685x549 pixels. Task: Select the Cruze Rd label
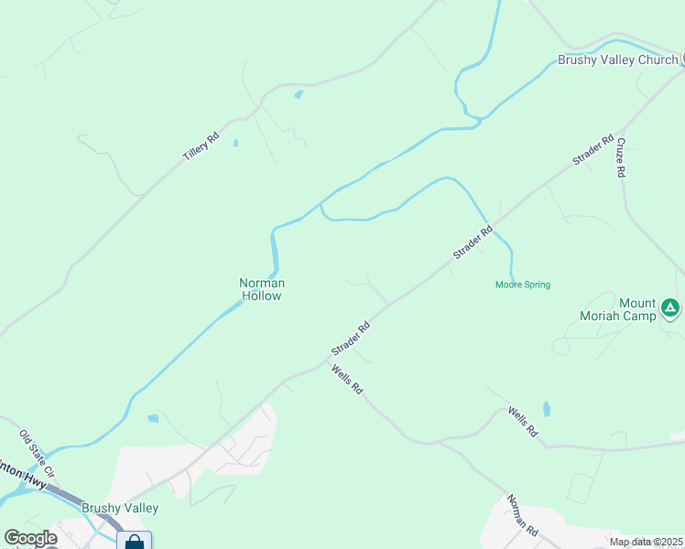tap(621, 157)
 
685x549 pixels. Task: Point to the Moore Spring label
tap(523, 285)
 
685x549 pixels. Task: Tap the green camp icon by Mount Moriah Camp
tap(670, 308)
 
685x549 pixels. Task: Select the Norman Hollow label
tap(262, 289)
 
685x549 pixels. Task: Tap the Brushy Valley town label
tap(120, 508)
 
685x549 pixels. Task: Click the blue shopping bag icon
tap(134, 543)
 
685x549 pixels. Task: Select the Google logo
tap(30, 538)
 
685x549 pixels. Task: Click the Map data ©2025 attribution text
tap(646, 542)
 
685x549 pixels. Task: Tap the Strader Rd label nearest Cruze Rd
tap(593, 151)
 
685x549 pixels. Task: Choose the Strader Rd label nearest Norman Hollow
tap(351, 339)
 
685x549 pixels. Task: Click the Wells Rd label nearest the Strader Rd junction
tap(348, 379)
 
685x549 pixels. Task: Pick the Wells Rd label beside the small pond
tap(522, 423)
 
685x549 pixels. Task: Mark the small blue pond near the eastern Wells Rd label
tap(547, 408)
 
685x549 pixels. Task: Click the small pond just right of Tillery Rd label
tap(235, 143)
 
